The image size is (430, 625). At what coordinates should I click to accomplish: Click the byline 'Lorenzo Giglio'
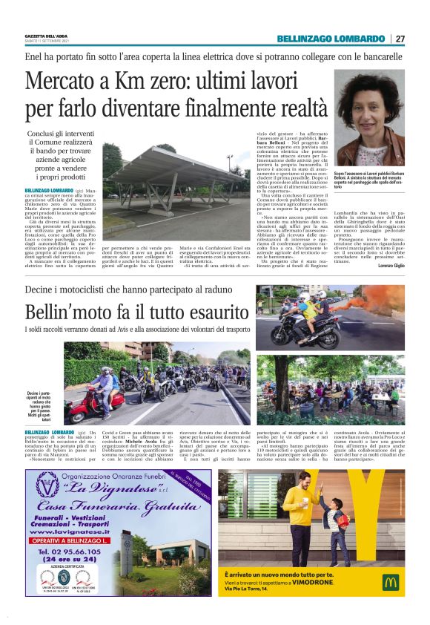(x=388, y=265)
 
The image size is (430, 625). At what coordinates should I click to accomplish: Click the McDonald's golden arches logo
(x=390, y=581)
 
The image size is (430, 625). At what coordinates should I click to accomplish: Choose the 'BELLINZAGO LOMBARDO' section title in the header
(x=331, y=39)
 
